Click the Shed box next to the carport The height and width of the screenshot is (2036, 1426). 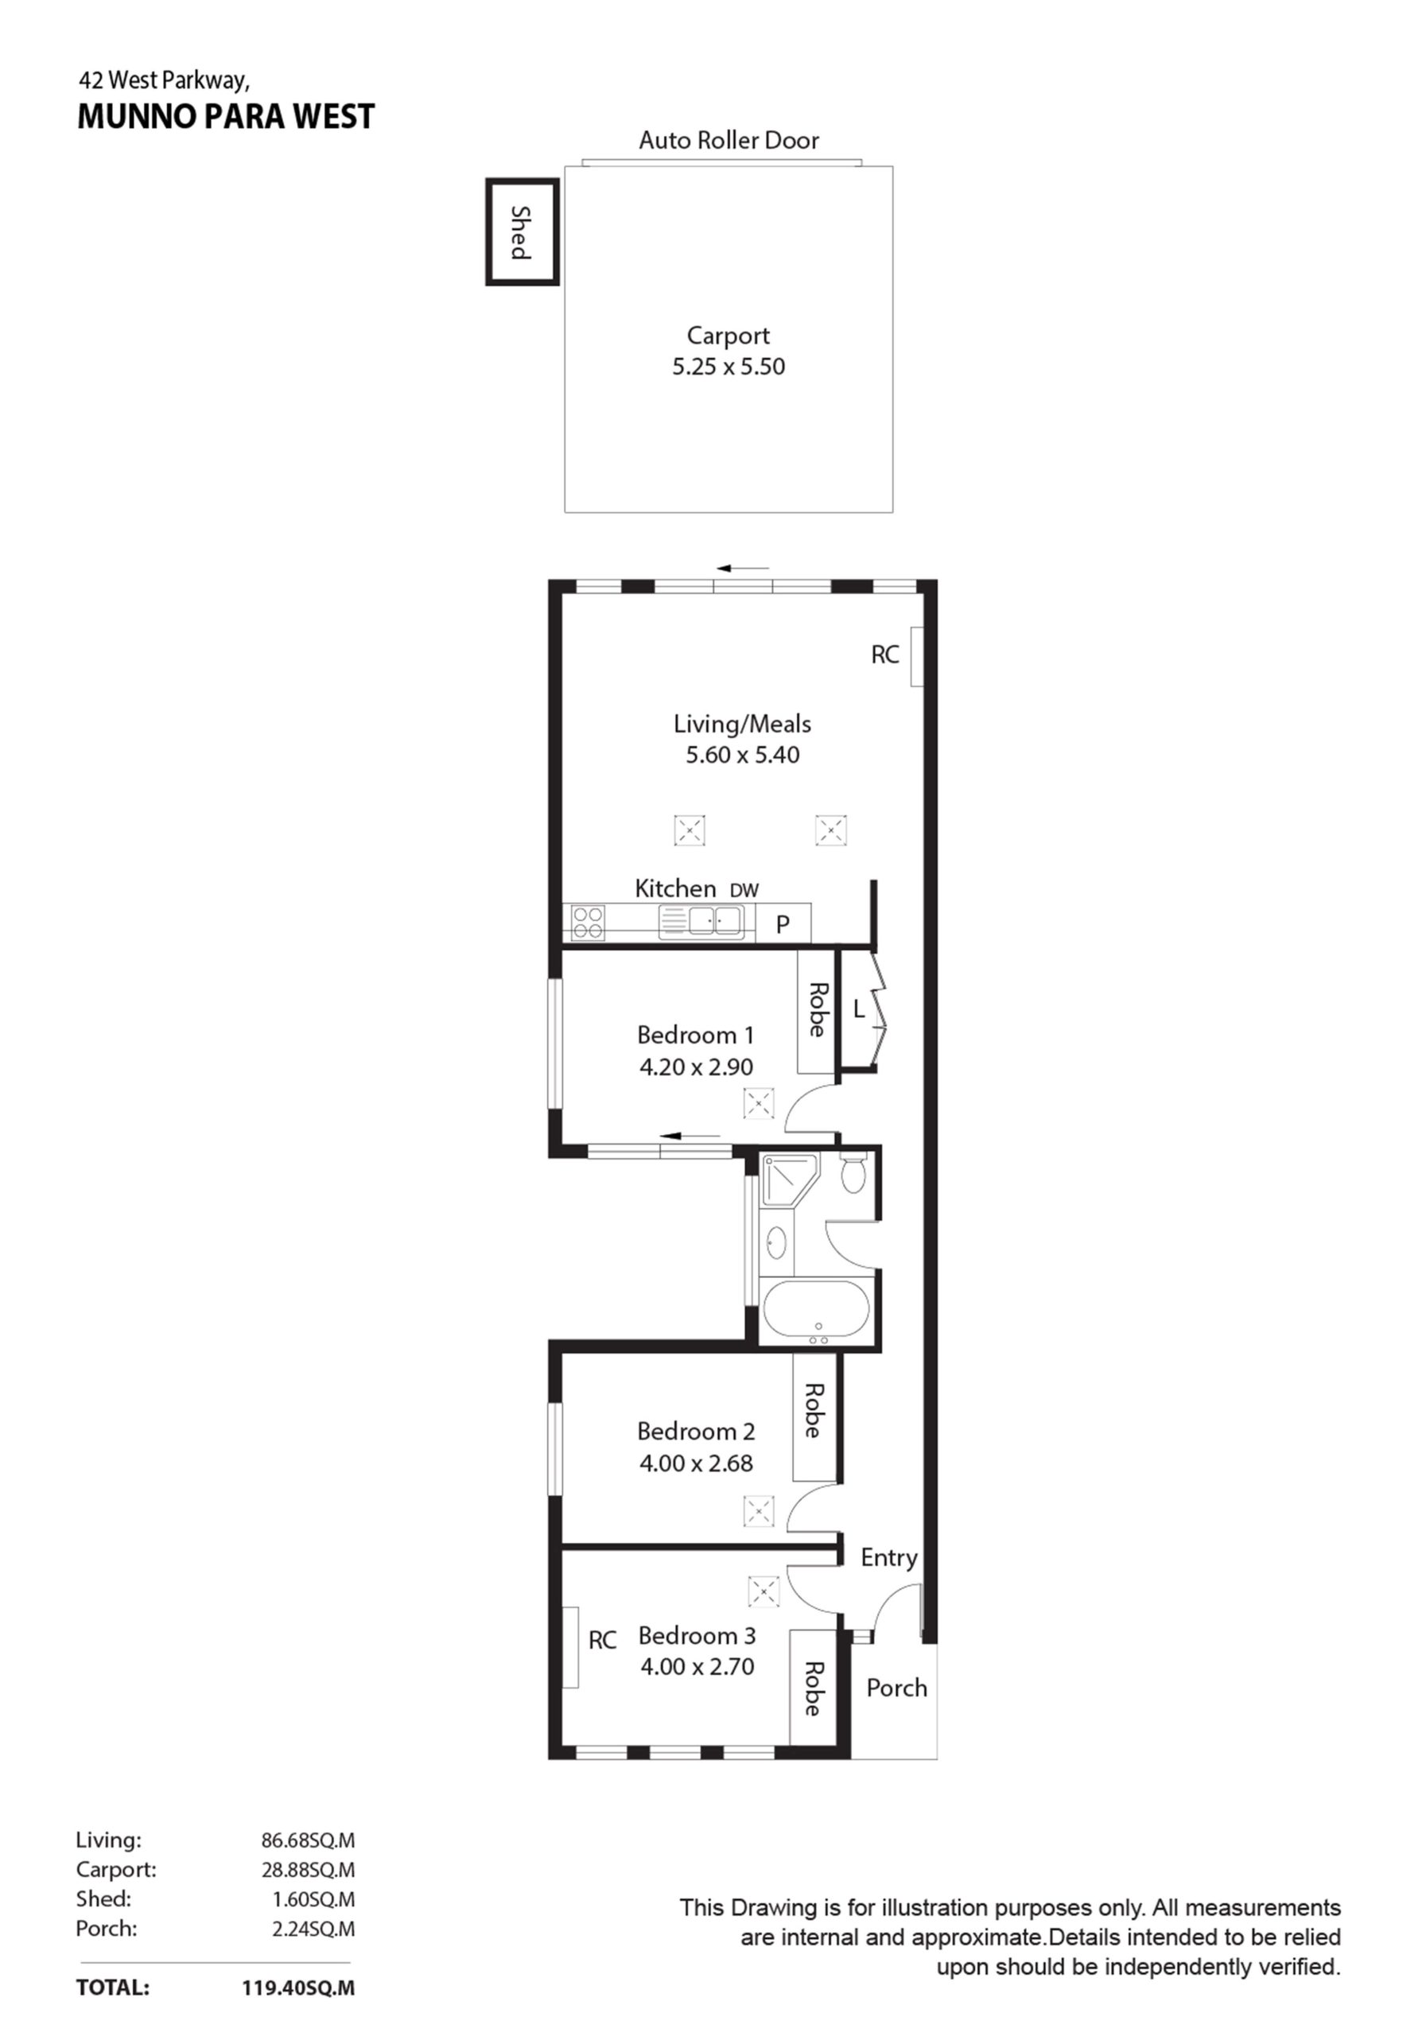pos(522,231)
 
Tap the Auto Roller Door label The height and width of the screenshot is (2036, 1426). pos(728,140)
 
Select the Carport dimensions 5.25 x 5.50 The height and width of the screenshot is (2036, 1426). pos(728,366)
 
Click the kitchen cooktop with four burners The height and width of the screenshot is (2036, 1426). pos(587,921)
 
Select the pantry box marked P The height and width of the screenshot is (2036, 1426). pos(782,925)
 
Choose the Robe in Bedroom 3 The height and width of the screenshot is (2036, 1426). pos(812,1689)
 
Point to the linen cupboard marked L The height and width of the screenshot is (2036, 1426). pos(857,1009)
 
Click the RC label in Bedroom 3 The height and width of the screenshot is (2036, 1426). pos(602,1641)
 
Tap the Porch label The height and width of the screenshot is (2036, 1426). pos(896,1688)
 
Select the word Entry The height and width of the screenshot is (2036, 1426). pos(888,1557)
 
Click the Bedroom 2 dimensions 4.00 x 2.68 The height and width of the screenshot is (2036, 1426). pos(696,1463)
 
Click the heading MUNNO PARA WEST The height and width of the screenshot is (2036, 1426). pos(226,117)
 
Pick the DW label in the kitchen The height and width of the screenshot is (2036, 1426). pos(744,890)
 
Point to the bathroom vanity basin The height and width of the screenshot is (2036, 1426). pos(775,1242)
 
